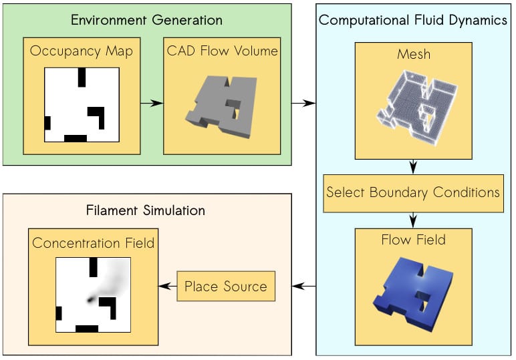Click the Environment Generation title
146,20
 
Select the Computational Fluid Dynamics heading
412,20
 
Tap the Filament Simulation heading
146,210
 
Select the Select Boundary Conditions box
413,193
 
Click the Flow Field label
413,240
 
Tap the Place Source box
225,287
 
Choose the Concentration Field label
93,242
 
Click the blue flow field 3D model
414,292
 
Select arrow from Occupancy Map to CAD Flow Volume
152,103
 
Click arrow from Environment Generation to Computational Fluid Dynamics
303,103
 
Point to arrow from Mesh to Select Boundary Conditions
413,166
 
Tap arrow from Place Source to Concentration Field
166,287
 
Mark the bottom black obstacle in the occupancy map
76,138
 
